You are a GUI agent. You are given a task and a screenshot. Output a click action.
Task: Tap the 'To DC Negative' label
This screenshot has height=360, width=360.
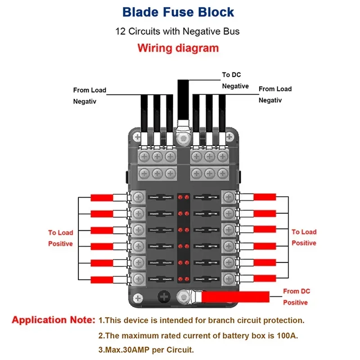point(235,80)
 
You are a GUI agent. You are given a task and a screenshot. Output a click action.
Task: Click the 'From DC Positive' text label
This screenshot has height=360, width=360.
point(297,297)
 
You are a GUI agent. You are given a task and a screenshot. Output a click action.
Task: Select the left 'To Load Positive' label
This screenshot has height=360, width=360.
point(60,238)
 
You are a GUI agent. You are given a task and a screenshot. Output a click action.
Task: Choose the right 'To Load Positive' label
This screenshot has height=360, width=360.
point(304,237)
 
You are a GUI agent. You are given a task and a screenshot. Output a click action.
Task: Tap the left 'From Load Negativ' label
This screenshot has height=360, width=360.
point(90,95)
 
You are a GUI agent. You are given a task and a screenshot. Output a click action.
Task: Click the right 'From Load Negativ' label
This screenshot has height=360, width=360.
point(275,94)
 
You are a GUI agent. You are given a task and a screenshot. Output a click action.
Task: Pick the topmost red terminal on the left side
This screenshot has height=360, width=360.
point(102,198)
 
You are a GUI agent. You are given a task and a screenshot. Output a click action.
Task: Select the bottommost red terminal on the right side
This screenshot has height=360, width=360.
point(265,279)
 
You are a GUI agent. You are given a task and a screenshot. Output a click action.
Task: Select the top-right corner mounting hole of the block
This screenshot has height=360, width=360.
point(231,135)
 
